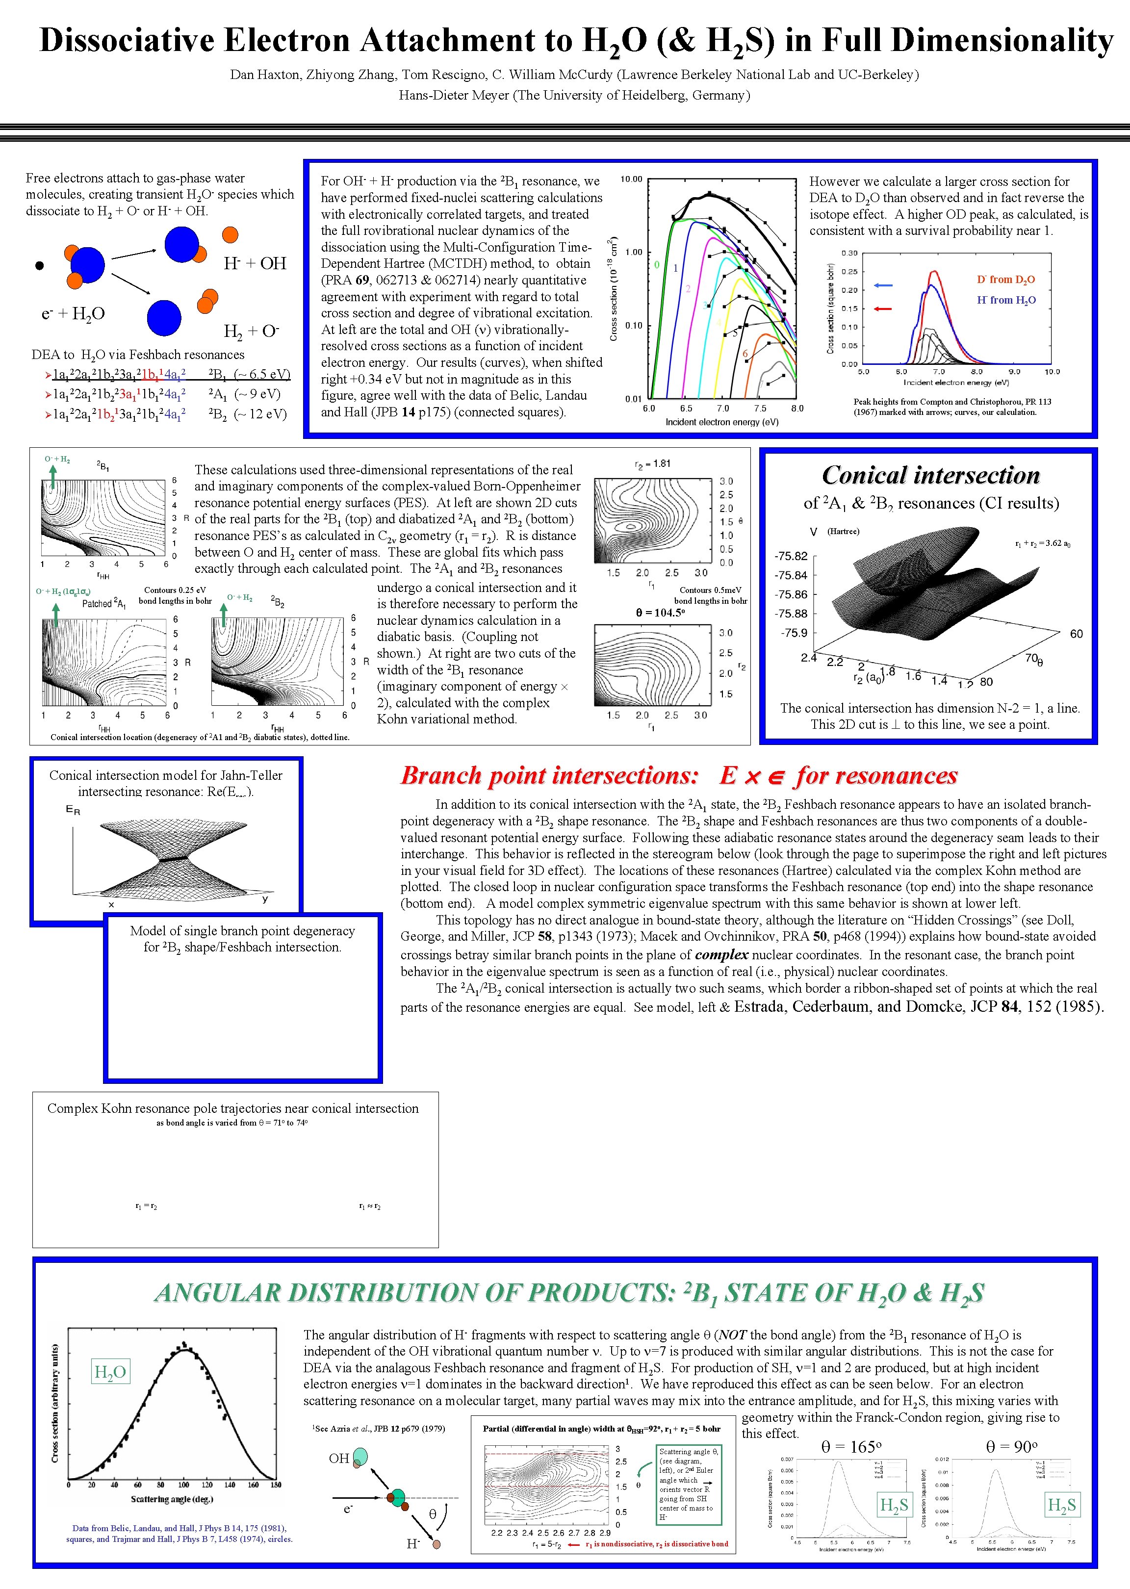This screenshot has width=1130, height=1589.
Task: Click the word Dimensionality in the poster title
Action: (x=1002, y=40)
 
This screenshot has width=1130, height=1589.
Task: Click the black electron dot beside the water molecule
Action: (x=40, y=265)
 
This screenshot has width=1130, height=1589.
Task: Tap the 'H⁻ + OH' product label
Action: (x=255, y=263)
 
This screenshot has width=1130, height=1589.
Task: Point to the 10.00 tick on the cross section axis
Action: (x=631, y=179)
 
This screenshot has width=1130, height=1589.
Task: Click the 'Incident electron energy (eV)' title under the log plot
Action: (x=721, y=422)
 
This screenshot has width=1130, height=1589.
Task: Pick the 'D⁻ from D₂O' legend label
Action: (x=1005, y=280)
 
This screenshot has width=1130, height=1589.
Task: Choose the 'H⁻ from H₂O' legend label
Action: (x=1005, y=300)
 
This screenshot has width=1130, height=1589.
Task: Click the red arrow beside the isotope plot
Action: (x=883, y=308)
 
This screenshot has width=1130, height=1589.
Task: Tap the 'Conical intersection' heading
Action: (x=930, y=475)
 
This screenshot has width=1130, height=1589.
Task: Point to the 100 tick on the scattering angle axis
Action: (x=184, y=1485)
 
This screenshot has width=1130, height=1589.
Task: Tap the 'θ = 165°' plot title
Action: (x=851, y=1447)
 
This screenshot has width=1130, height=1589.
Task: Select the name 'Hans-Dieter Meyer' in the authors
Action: (x=454, y=95)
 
